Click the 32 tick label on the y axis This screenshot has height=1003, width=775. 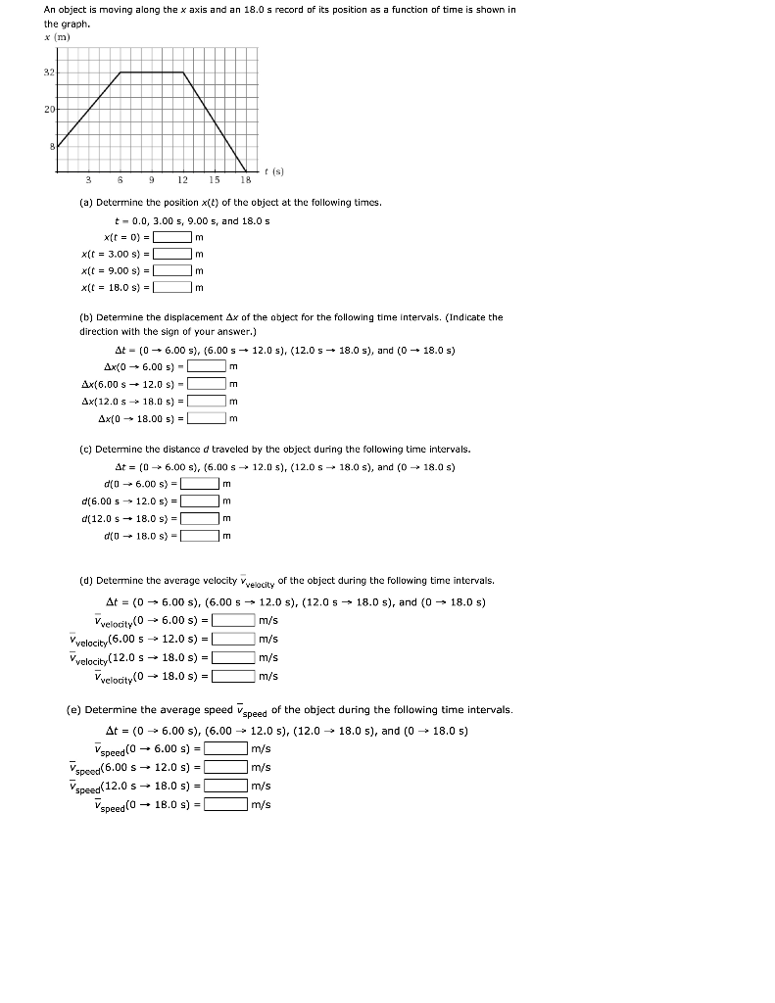tap(49, 72)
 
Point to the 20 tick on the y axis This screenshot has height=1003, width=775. tap(49, 110)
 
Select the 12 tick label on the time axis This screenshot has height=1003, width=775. tap(182, 180)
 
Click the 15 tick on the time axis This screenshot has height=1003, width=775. tap(214, 180)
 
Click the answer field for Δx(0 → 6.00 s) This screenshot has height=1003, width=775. tap(207, 366)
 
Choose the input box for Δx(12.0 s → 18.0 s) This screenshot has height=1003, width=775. tap(207, 401)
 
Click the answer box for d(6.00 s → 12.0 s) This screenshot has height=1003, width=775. tap(199, 501)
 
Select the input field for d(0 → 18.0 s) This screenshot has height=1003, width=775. tap(199, 535)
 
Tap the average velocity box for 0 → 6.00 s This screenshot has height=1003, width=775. tap(233, 619)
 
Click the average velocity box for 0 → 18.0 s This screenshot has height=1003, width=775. tap(233, 675)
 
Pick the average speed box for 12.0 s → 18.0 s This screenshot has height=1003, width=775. tap(225, 786)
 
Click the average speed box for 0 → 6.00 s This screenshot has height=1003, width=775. tap(225, 748)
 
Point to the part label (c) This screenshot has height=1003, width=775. tap(85, 449)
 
